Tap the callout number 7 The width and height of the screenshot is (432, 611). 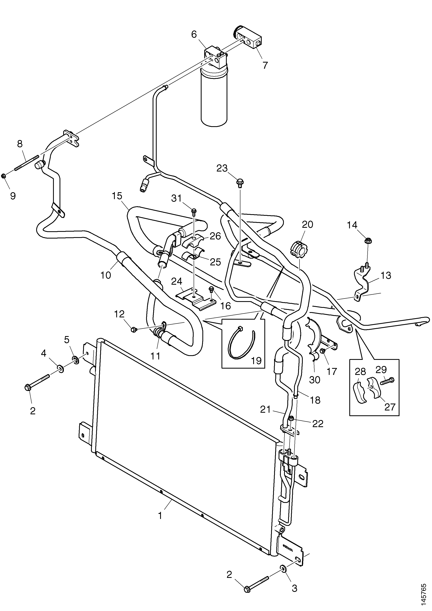265,65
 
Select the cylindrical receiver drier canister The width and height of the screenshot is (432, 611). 214,97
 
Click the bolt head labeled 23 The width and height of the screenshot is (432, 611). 240,183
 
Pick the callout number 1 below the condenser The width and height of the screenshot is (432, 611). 160,523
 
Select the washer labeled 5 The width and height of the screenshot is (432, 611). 76,361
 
